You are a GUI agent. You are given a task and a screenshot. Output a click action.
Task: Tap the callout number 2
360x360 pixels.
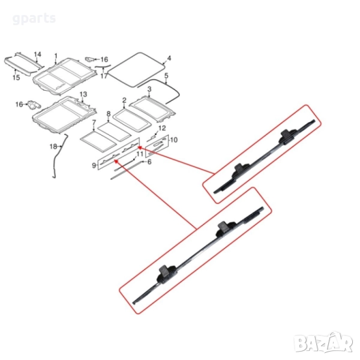click(124, 101)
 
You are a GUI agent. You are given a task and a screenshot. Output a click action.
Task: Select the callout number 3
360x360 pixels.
click(149, 89)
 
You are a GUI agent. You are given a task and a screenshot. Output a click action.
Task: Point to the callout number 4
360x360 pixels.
click(169, 59)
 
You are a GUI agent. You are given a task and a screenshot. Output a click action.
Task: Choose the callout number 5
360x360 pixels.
click(166, 76)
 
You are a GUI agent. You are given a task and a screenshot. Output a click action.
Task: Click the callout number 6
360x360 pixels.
click(149, 161)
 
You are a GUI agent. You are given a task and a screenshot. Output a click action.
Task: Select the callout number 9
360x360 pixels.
click(94, 164)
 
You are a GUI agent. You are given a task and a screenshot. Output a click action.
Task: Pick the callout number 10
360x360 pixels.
click(174, 140)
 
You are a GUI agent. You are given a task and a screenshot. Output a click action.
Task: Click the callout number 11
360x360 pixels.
click(139, 154)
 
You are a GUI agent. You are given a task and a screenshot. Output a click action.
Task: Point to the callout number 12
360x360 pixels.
click(161, 128)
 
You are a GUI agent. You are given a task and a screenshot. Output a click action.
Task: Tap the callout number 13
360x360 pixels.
click(83, 95)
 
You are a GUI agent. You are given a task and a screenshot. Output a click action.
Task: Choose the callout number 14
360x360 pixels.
click(38, 55)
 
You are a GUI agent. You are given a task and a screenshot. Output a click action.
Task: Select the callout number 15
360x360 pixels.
click(16, 77)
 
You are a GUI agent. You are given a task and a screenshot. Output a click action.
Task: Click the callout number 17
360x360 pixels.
click(104, 76)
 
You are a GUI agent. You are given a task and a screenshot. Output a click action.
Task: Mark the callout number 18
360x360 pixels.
click(52, 146)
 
